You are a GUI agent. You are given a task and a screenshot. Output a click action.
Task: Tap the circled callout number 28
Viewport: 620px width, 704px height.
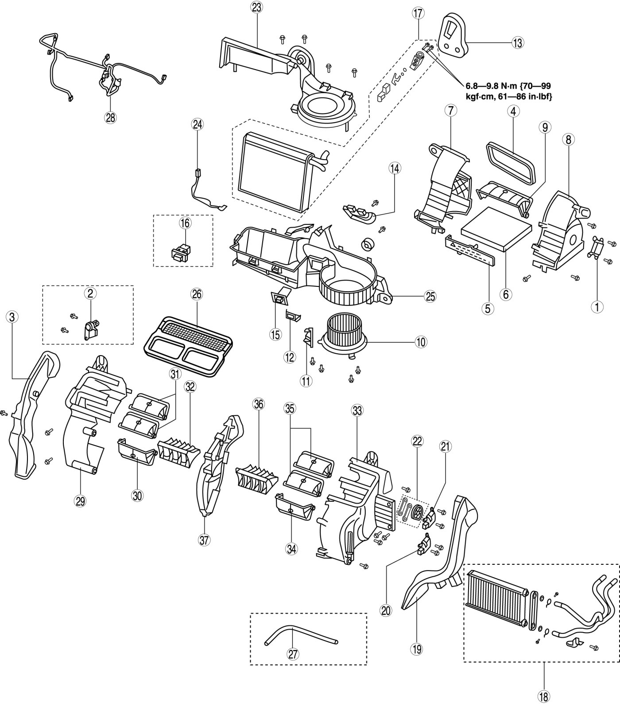tap(110, 117)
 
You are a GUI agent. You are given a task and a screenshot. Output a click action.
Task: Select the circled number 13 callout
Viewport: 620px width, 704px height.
tap(517, 43)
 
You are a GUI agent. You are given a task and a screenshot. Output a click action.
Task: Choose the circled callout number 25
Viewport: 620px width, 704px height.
tap(430, 297)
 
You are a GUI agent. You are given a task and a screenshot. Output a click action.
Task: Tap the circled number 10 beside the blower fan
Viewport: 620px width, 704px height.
tap(420, 341)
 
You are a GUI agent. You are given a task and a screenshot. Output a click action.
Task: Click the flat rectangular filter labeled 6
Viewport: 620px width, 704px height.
tap(496, 229)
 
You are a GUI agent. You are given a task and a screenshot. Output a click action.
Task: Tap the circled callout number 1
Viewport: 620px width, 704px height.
tap(598, 306)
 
